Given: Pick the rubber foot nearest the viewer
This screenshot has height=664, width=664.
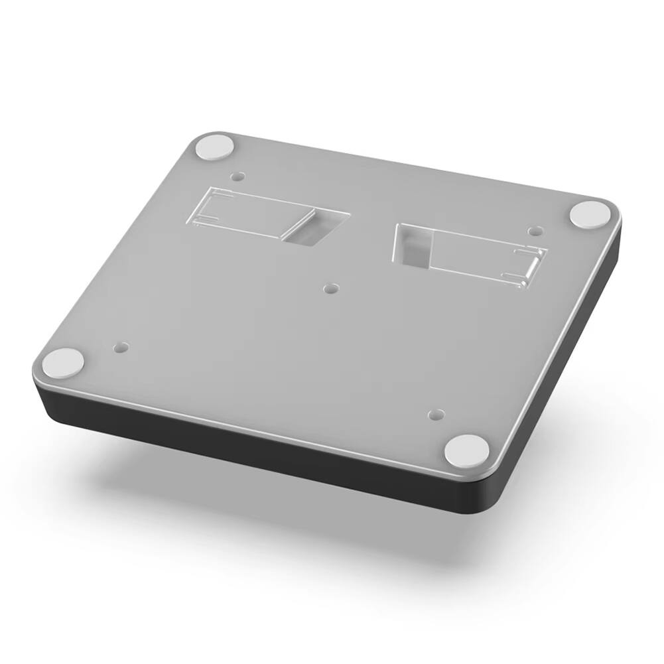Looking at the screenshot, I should pyautogui.click(x=466, y=450).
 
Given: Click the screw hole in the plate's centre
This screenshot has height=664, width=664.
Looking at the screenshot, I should pyautogui.click(x=332, y=289).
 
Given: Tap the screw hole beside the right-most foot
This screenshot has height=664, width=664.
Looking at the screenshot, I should pyautogui.click(x=533, y=232).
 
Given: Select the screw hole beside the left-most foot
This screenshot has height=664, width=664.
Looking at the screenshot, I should pyautogui.click(x=120, y=346).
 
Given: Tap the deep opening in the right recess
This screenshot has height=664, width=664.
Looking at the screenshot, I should pyautogui.click(x=413, y=245).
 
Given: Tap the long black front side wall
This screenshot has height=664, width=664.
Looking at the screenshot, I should pyautogui.click(x=265, y=451).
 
